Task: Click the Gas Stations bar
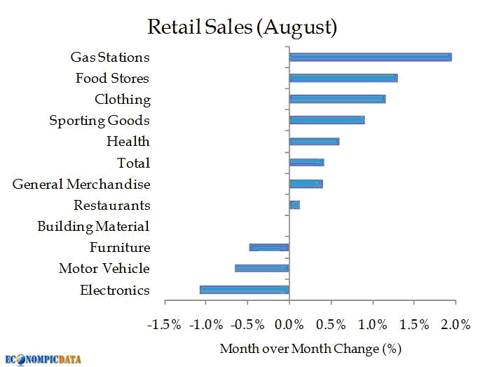tap(370, 57)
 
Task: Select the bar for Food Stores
tap(343, 78)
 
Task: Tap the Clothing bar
tap(337, 99)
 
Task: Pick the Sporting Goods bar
tap(327, 120)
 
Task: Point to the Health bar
tap(314, 141)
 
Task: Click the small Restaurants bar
tap(294, 205)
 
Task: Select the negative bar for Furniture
tap(269, 247)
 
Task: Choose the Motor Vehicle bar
tap(261, 268)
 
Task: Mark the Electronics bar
tap(244, 289)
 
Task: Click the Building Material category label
tap(93, 226)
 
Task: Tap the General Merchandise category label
tap(81, 184)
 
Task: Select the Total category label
tap(133, 163)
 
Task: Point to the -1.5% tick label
tap(164, 325)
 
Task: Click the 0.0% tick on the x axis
tap(289, 325)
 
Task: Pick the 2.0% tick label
tap(456, 325)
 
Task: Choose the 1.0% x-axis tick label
tap(373, 325)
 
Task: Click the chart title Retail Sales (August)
tap(242, 27)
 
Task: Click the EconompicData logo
tap(43, 359)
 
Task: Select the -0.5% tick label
tap(247, 325)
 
